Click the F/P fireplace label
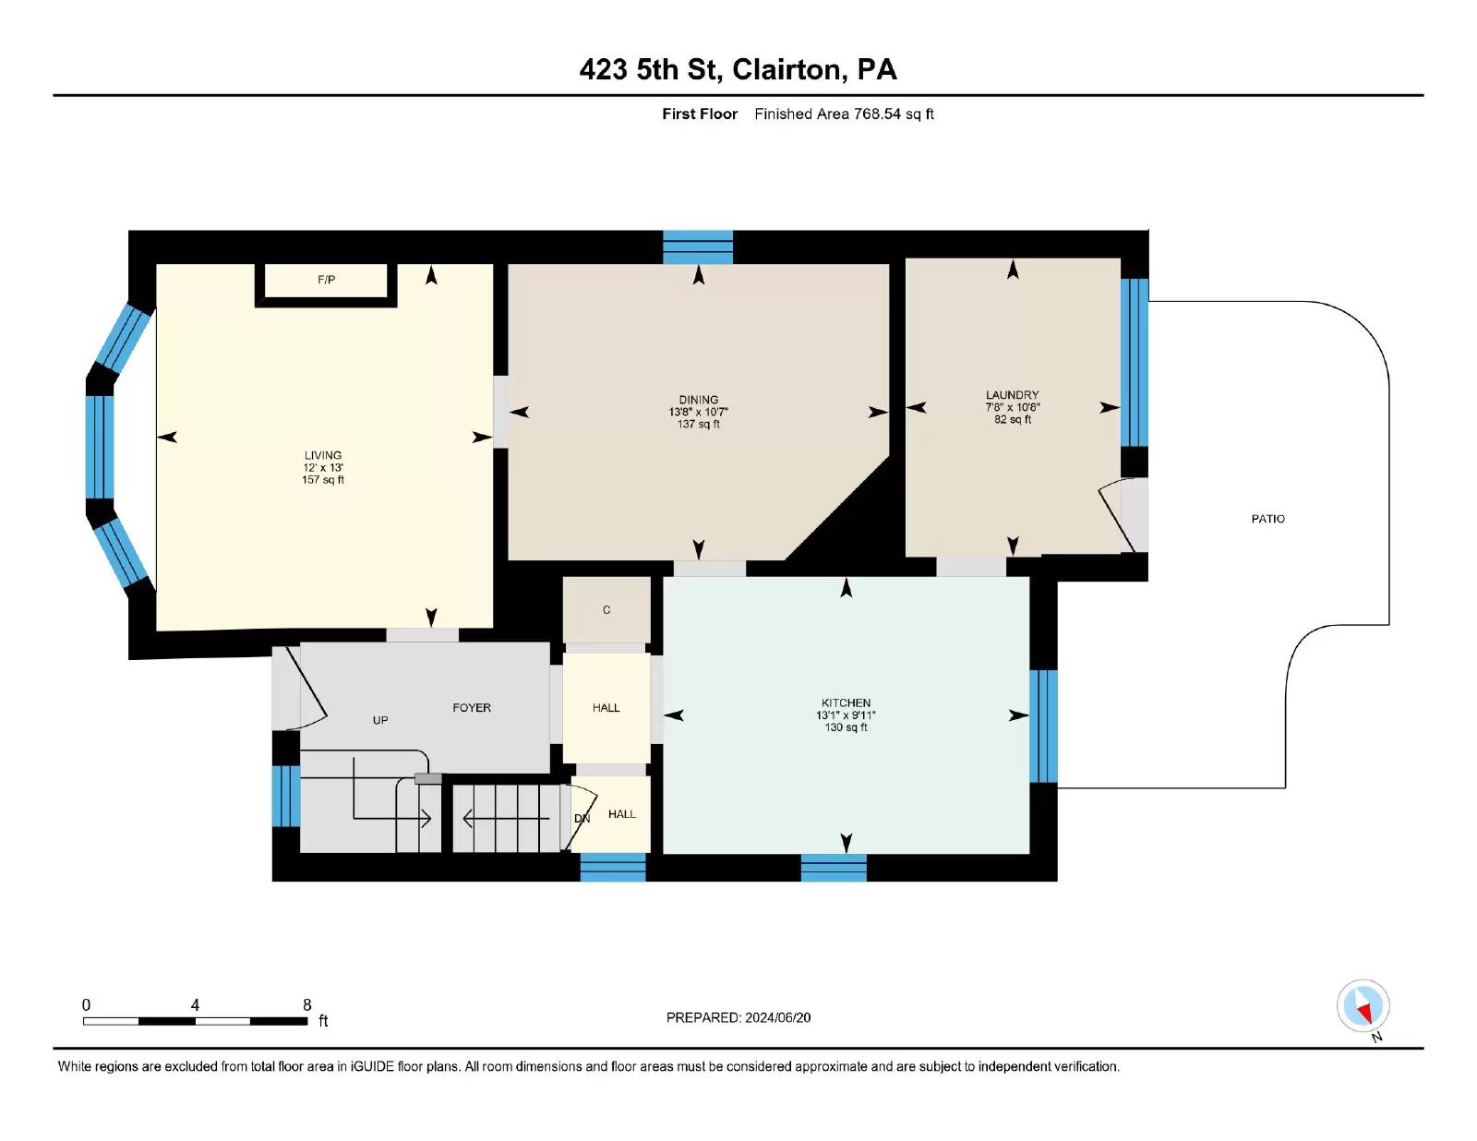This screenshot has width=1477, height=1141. tap(326, 280)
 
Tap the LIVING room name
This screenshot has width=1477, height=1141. tap(323, 455)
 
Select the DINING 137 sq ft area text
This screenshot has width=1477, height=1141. tap(698, 425)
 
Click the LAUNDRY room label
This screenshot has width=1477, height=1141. tap(1012, 394)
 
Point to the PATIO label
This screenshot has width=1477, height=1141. tap(1267, 519)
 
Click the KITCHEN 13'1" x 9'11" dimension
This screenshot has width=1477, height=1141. tap(846, 715)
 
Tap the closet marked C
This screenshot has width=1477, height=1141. tap(606, 610)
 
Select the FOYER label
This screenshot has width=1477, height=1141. tap(472, 708)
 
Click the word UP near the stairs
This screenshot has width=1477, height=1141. tap(380, 720)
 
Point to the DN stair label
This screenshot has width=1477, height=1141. tap(582, 819)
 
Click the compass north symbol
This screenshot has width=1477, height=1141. tap(1363, 1006)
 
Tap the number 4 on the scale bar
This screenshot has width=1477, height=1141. tap(195, 1005)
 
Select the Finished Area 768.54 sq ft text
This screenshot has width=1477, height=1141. tap(844, 114)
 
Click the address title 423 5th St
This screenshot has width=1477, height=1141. tap(651, 70)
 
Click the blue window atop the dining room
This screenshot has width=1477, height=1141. tap(698, 247)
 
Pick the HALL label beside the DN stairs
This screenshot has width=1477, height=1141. tap(622, 814)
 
